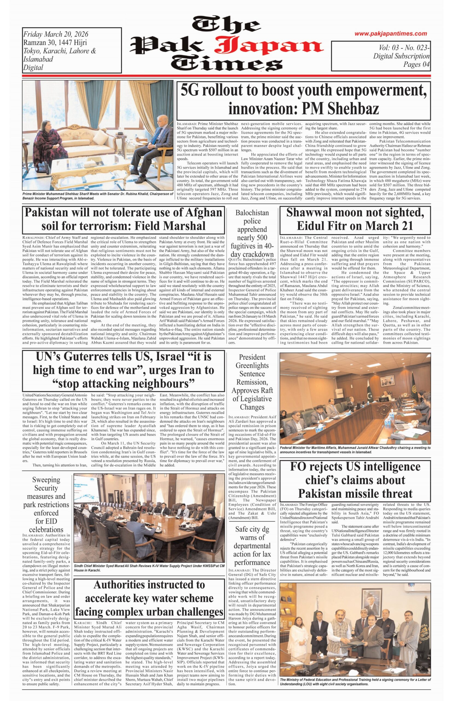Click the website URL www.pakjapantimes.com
pyautogui.click(x=390, y=34)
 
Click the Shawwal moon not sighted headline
pyautogui.click(x=355, y=219)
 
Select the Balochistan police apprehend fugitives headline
pyautogui.click(x=252, y=234)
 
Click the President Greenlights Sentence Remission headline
pyautogui.click(x=252, y=382)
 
